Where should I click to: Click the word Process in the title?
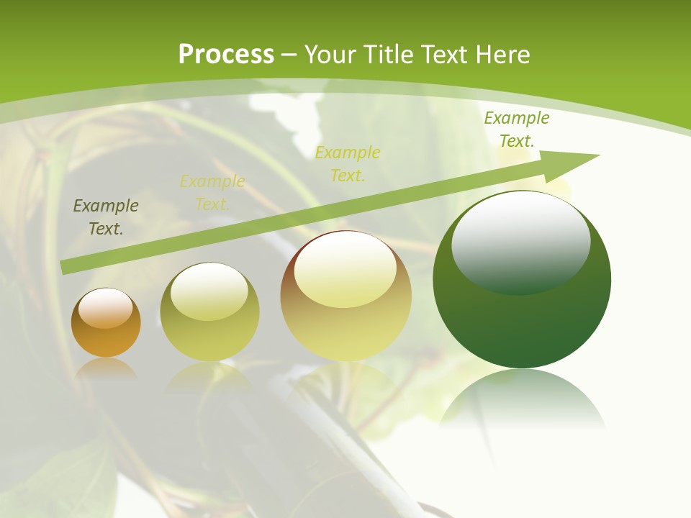click(226, 55)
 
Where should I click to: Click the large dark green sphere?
click(522, 324)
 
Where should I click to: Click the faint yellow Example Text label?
click(212, 192)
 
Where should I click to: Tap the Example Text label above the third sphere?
click(348, 163)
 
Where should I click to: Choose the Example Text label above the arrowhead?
click(516, 129)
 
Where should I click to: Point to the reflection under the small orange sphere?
click(106, 368)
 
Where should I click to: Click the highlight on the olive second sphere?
click(209, 291)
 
